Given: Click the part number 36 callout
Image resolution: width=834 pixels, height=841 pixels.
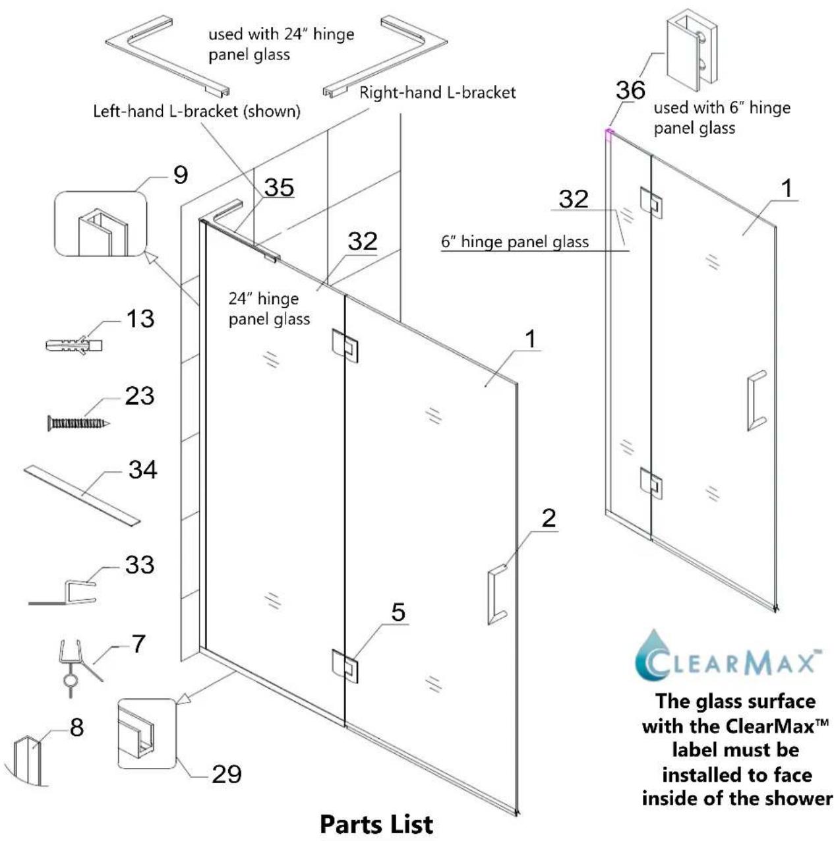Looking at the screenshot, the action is (x=630, y=90).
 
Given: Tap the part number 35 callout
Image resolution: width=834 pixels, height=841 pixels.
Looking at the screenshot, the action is (x=279, y=187).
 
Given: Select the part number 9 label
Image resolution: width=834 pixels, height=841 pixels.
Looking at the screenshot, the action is (x=181, y=175).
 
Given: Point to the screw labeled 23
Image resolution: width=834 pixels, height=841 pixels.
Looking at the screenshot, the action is (x=78, y=423).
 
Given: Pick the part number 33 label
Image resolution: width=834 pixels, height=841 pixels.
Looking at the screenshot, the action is (x=140, y=564).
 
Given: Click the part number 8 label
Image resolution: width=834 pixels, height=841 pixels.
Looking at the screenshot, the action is (x=77, y=727).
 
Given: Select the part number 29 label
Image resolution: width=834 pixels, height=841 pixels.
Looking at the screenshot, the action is (x=227, y=774).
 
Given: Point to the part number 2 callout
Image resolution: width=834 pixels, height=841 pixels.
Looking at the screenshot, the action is (x=549, y=517).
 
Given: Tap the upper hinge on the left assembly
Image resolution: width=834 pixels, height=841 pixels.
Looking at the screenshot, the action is (x=345, y=345).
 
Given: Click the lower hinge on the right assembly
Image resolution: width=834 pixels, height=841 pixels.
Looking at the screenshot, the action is (x=651, y=482).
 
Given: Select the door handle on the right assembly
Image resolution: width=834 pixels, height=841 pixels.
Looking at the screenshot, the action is (x=757, y=401).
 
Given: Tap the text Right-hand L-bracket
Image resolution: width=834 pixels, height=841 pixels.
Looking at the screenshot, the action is (x=438, y=92).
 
